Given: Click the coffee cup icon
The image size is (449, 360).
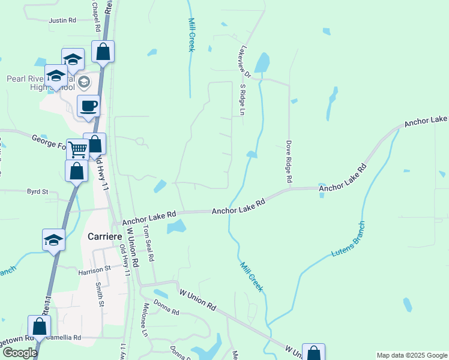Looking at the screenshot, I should (x=89, y=106).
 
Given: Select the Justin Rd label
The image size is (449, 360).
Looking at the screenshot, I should (x=62, y=20).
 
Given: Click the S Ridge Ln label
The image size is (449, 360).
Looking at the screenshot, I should (x=243, y=100).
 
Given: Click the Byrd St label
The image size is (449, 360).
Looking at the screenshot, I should (x=37, y=191).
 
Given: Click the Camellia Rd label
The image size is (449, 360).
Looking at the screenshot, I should (x=63, y=338).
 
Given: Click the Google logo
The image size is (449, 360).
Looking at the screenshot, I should (x=19, y=353).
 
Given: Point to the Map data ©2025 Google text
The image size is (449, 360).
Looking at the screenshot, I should (x=411, y=355).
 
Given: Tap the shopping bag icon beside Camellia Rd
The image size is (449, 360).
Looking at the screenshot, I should (x=40, y=327).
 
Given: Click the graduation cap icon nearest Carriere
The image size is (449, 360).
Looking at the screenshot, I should (x=53, y=240).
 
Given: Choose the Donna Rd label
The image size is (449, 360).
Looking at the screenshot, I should (x=166, y=312).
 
